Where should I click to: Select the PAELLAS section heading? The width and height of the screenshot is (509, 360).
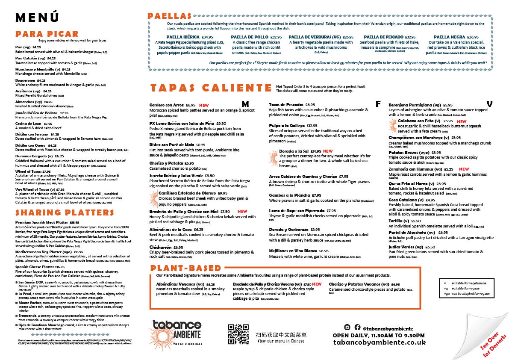pyautogui.click(x=169, y=16)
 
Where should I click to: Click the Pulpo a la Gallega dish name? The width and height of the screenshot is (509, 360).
pyautogui.click(x=287, y=126)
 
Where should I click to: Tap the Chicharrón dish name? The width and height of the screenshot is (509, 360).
pyautogui.click(x=161, y=247)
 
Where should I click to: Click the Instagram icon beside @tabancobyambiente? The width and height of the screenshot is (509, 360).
pyautogui.click(x=347, y=327)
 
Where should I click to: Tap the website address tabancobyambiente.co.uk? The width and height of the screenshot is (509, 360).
pyautogui.click(x=380, y=342)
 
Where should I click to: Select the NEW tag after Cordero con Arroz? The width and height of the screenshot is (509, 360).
pyautogui.click(x=203, y=105)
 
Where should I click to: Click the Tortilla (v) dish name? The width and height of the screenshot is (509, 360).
pyautogui.click(x=396, y=221)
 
